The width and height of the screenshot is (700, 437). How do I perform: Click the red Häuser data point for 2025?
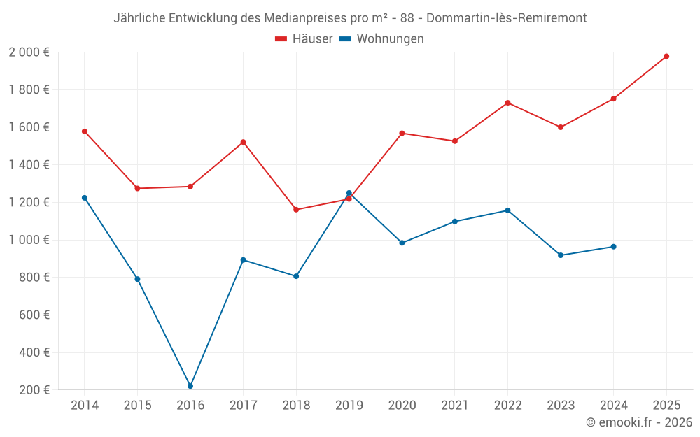[x=666, y=56]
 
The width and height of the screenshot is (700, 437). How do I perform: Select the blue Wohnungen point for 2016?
[x=190, y=386]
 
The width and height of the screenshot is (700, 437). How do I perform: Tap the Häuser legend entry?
[x=304, y=39]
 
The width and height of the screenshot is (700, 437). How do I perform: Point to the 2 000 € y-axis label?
[x=29, y=52]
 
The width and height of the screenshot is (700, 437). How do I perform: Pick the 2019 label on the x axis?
[x=349, y=406]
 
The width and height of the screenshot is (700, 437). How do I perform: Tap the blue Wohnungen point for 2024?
[x=614, y=247]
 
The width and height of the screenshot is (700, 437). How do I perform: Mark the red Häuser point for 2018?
[x=296, y=210]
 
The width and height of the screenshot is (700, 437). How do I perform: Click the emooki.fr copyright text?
[x=638, y=422]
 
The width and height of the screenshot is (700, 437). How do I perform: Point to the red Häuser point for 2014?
[x=85, y=131]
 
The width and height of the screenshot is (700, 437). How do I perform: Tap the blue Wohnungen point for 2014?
[x=85, y=198]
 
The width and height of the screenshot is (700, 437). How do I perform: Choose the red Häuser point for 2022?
[x=507, y=103]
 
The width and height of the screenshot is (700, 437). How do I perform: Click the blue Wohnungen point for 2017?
[x=243, y=260]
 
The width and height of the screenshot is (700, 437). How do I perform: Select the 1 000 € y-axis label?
[x=29, y=240]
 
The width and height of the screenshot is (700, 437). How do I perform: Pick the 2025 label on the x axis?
[x=666, y=406]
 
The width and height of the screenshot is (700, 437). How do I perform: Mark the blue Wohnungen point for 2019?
[x=349, y=193]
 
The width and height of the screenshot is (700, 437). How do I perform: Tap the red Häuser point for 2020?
[x=402, y=133]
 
